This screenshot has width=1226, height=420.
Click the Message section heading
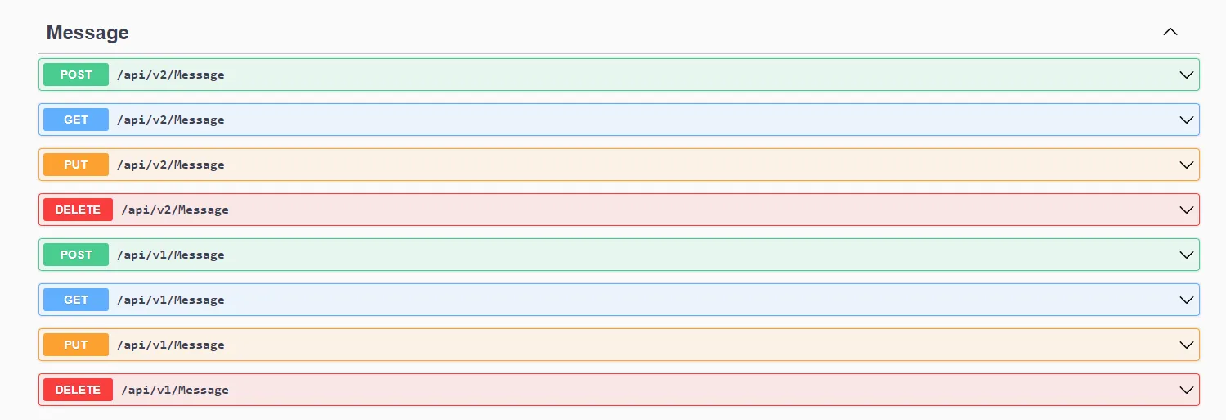pyautogui.click(x=88, y=33)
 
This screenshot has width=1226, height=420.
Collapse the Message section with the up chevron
pyautogui.click(x=1170, y=32)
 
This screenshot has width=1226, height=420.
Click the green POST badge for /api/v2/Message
pyautogui.click(x=76, y=75)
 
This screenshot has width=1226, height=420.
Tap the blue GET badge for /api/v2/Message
pyautogui.click(x=76, y=120)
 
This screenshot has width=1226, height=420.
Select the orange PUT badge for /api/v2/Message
pyautogui.click(x=76, y=165)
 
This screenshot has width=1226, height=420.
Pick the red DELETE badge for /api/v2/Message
pyautogui.click(x=78, y=210)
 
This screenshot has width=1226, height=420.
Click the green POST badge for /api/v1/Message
pyautogui.click(x=76, y=255)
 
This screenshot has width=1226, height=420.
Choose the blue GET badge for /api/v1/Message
pyautogui.click(x=76, y=300)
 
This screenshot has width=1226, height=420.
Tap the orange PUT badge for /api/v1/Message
pyautogui.click(x=76, y=345)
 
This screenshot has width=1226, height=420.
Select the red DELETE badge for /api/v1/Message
pyautogui.click(x=78, y=390)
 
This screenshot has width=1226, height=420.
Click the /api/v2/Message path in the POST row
pyautogui.click(x=170, y=75)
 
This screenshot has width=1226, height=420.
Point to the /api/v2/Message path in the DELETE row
pyautogui.click(x=175, y=210)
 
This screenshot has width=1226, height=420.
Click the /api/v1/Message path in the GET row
pyautogui.click(x=170, y=300)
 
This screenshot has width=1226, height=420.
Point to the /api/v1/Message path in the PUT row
pyautogui.click(x=170, y=345)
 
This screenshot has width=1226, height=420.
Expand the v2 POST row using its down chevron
pyautogui.click(x=1187, y=75)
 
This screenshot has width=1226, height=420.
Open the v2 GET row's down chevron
pyautogui.click(x=1187, y=120)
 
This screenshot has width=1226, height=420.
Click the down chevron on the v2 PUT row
pyautogui.click(x=1187, y=165)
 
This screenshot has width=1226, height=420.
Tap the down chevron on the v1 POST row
pyautogui.click(x=1187, y=255)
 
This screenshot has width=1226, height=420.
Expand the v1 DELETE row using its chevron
pyautogui.click(x=1187, y=390)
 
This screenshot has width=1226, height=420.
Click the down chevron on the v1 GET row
pyautogui.click(x=1187, y=300)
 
